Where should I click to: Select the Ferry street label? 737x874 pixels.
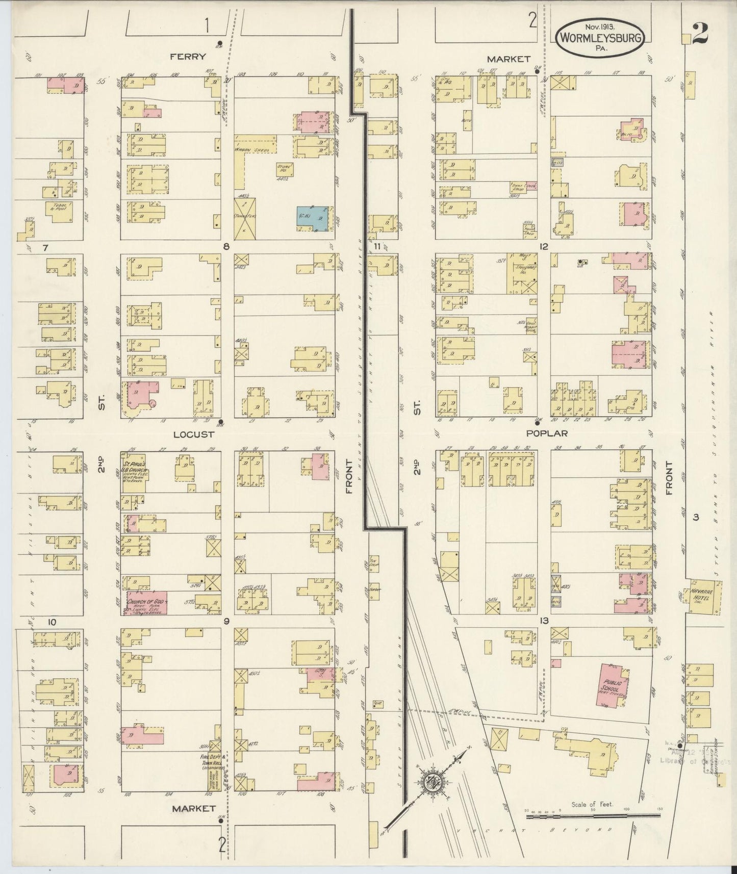pos(188,57)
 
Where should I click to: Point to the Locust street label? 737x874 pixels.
pos(193,434)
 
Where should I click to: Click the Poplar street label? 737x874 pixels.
pos(546,432)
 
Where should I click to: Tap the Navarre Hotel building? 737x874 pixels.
pos(706,596)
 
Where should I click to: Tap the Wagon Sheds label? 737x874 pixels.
pos(251,149)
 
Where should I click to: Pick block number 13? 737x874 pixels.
pos(544,621)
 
